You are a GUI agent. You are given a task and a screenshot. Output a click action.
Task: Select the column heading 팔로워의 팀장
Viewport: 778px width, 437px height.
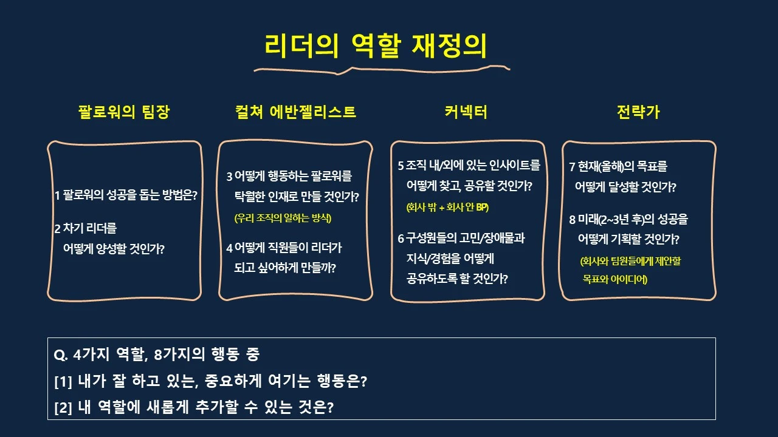(x=124, y=112)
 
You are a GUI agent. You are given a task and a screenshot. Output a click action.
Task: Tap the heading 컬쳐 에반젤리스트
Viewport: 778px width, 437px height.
(x=295, y=112)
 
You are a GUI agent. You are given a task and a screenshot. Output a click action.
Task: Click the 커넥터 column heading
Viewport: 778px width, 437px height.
(x=466, y=112)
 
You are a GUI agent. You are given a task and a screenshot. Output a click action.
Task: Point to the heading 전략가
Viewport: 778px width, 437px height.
(x=638, y=112)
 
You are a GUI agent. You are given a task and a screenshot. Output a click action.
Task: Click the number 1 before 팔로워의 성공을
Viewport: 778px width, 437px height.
(x=57, y=196)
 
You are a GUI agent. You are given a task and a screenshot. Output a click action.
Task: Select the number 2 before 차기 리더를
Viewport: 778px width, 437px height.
(x=57, y=229)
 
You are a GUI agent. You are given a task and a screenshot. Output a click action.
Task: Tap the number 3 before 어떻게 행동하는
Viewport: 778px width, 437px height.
(x=229, y=177)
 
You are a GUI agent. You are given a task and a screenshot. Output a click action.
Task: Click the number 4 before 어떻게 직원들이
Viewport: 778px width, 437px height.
(x=229, y=248)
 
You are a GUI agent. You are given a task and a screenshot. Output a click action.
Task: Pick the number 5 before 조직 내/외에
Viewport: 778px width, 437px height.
(x=401, y=166)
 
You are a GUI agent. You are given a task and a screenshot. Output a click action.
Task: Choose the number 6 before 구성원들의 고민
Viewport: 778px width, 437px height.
(x=401, y=239)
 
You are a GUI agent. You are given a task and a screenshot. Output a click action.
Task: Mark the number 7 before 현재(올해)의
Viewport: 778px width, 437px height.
(x=572, y=167)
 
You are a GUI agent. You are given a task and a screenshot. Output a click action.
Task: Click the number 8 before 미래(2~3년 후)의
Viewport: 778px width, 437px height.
(x=572, y=220)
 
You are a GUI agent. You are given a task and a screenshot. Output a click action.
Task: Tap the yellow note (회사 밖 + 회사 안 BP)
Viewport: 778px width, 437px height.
(x=447, y=207)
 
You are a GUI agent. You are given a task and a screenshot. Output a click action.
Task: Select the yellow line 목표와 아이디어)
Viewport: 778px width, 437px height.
(x=614, y=279)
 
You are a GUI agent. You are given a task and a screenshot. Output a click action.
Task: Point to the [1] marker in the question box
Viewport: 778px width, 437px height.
(x=63, y=382)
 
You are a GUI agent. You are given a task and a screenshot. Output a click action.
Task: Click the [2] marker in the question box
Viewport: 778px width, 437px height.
(x=63, y=407)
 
